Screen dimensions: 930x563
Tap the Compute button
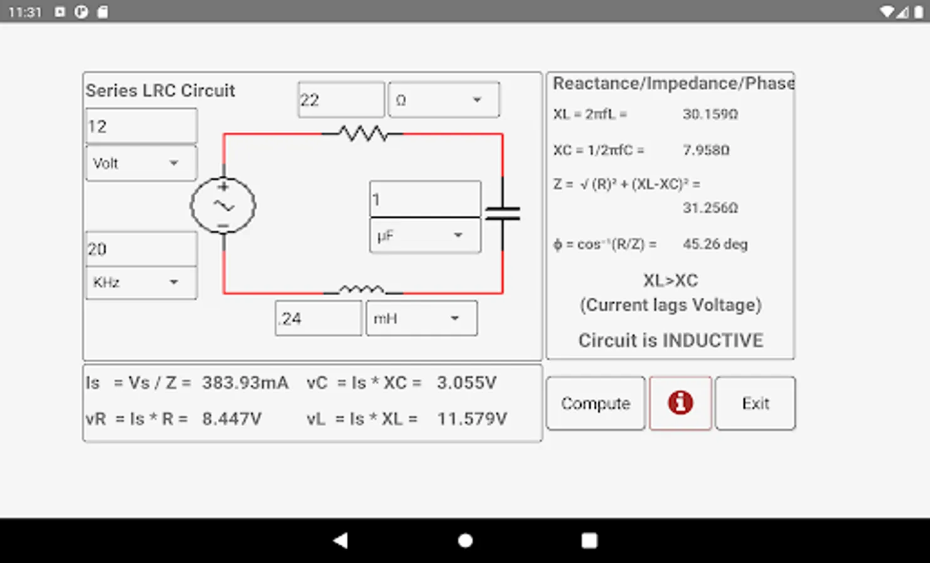(x=595, y=403)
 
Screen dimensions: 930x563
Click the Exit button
(x=755, y=403)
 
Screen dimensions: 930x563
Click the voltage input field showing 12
(x=141, y=126)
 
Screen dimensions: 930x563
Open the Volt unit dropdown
(x=141, y=163)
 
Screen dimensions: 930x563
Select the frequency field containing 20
(x=141, y=249)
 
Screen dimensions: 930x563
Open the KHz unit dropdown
(x=141, y=283)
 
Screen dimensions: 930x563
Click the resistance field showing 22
(x=341, y=99)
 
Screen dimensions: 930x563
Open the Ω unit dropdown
(x=444, y=99)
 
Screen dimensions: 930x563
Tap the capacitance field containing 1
(x=425, y=199)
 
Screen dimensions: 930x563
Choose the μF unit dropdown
(x=425, y=235)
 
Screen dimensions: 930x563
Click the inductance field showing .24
(x=318, y=318)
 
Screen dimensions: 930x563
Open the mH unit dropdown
(x=421, y=318)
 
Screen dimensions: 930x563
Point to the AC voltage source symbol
(x=223, y=205)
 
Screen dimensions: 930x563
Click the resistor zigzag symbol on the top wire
(x=363, y=133)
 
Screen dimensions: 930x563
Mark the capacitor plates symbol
(x=503, y=213)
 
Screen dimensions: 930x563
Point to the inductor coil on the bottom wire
(x=362, y=289)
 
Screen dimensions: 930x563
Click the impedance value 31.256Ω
(x=710, y=208)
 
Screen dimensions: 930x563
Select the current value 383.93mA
(x=245, y=382)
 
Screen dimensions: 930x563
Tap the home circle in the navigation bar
(x=465, y=540)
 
